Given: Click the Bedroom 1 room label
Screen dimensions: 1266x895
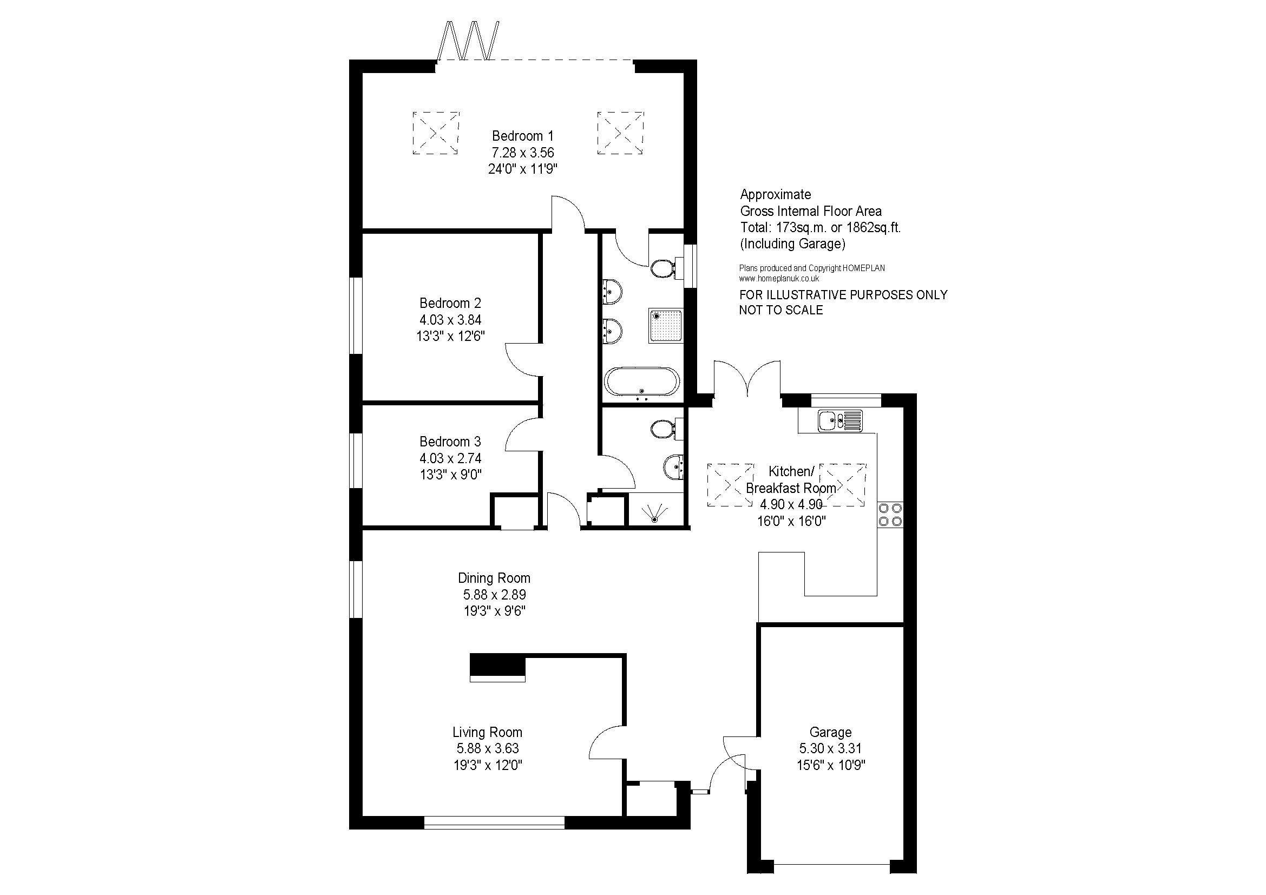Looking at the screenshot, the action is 523,136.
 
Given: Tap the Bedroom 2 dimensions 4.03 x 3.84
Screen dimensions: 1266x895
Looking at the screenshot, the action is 450,320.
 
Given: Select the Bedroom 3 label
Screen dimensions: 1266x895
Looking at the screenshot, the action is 450,442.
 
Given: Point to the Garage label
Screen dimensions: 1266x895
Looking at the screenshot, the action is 830,733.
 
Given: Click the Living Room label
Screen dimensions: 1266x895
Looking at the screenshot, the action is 488,733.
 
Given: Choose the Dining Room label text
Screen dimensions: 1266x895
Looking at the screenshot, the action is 494,578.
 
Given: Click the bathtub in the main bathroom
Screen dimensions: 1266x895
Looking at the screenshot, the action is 642,382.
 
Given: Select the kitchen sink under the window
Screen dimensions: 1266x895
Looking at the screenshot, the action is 841,421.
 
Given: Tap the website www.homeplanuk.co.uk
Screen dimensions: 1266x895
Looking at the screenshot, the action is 779,279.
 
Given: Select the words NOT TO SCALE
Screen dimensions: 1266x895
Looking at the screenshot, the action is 781,310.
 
